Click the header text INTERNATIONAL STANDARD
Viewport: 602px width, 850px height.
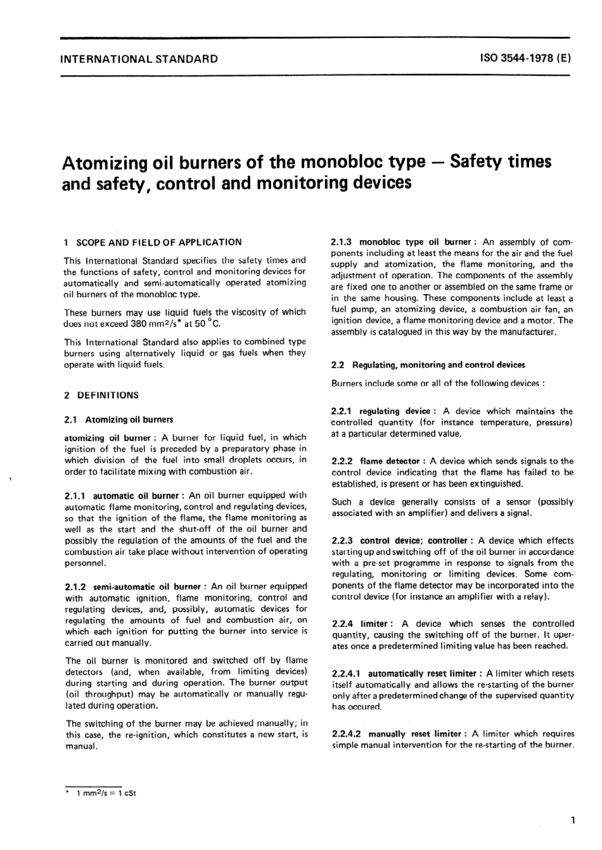(138, 59)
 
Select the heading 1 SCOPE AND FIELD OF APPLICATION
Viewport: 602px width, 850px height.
(153, 242)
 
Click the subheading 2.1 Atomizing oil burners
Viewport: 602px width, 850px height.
(118, 420)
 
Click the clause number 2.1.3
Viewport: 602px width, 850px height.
(342, 242)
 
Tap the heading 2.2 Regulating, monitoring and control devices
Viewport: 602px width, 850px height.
(428, 365)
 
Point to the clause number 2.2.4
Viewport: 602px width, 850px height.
(343, 624)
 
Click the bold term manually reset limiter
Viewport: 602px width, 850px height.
(415, 734)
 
